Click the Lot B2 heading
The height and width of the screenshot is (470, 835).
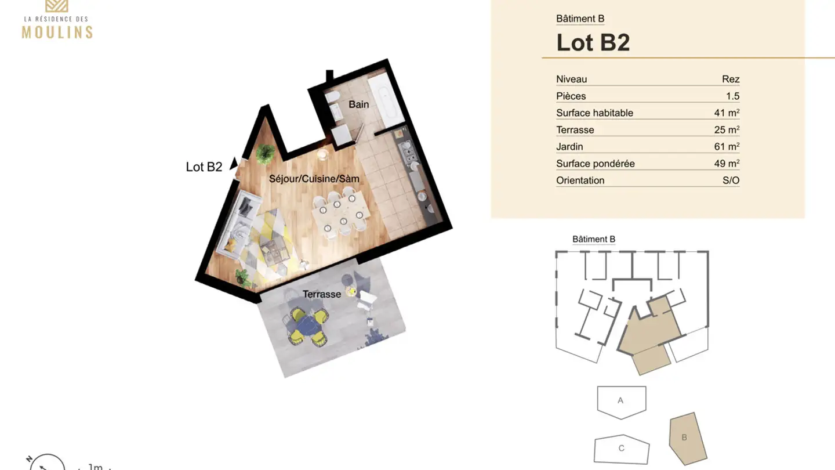tap(593, 42)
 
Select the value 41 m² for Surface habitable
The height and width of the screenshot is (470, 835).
tap(727, 113)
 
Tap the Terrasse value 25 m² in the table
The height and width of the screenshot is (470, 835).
tap(727, 130)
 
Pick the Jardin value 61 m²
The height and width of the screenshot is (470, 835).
tap(727, 147)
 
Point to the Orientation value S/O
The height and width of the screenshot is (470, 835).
tap(731, 180)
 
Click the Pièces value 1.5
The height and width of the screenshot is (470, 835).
tap(732, 96)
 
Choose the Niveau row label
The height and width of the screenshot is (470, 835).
tap(571, 79)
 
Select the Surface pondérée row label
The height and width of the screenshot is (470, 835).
tap(595, 164)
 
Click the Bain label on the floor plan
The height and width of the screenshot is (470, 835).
tap(358, 104)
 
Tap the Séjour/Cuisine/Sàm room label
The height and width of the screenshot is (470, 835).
tap(314, 179)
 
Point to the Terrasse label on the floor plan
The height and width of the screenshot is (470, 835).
tap(321, 294)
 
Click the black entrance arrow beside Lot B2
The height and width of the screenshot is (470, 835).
tap(234, 164)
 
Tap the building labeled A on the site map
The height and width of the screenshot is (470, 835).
tap(620, 401)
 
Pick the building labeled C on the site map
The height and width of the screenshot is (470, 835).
tap(621, 449)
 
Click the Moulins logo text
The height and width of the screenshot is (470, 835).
tap(57, 31)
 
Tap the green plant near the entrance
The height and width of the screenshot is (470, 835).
tap(266, 152)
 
